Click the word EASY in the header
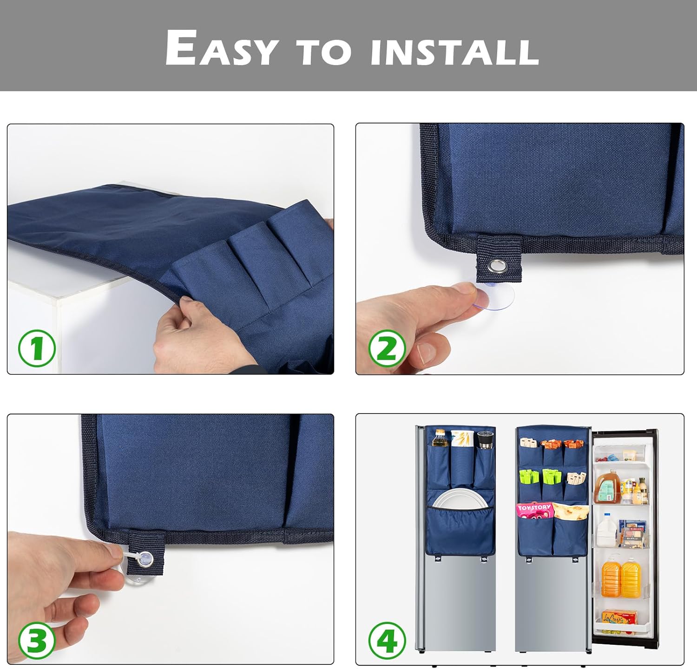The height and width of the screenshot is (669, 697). point(222,48)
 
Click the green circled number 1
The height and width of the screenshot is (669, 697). point(37,348)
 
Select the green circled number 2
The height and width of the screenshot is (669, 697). point(387,348)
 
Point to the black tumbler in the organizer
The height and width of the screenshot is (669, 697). point(484,440)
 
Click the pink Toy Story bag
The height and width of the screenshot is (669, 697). point(534,510)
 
